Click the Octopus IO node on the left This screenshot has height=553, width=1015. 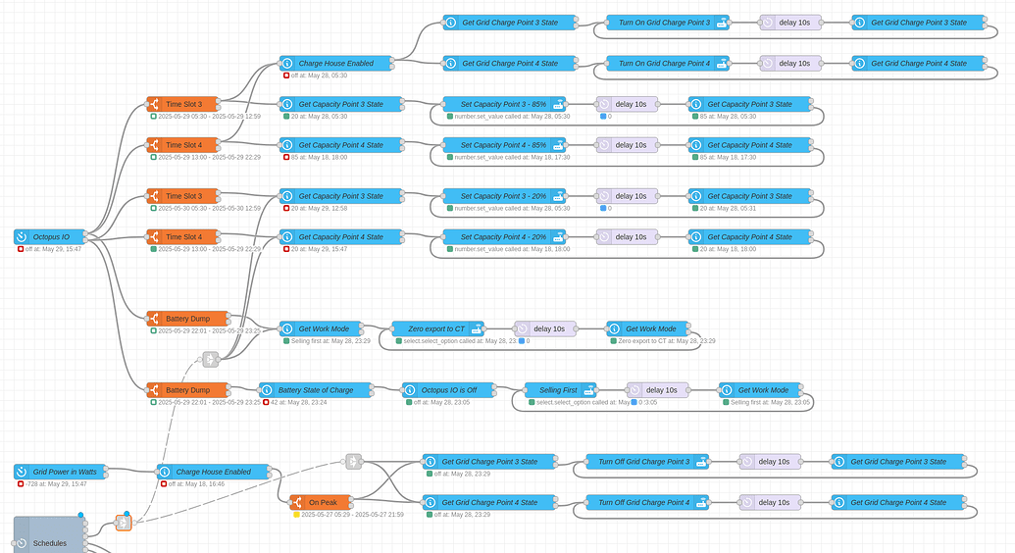[50, 236]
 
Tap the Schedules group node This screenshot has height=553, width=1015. [49, 541]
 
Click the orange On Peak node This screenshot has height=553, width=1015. [322, 502]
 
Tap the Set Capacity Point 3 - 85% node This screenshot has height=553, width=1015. [504, 104]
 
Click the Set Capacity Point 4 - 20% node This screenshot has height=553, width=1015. [504, 236]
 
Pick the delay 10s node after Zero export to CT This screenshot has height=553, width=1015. [545, 328]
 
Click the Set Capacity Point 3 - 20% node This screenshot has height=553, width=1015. [504, 196]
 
